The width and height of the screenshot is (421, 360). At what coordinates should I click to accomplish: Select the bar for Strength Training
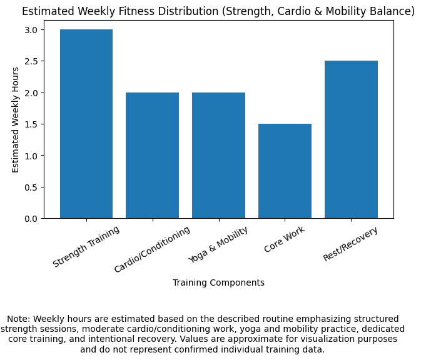(x=86, y=124)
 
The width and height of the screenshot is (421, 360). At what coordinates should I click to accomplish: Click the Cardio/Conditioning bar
(x=152, y=156)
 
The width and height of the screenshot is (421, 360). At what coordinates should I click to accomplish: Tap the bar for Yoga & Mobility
(x=218, y=156)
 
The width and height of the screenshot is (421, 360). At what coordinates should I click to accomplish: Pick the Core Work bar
(x=285, y=171)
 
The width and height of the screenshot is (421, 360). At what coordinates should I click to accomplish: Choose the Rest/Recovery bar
(x=351, y=139)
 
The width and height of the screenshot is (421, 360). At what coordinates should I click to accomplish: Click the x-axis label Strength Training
(x=86, y=247)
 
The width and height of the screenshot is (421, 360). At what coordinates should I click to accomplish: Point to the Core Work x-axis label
(x=285, y=240)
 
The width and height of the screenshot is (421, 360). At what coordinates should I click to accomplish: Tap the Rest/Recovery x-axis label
(x=351, y=244)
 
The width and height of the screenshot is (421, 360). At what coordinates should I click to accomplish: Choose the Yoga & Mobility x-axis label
(x=218, y=245)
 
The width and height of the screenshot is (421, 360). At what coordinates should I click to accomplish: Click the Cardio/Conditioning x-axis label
(x=152, y=250)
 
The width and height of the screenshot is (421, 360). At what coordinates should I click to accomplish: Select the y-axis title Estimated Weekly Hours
(x=16, y=119)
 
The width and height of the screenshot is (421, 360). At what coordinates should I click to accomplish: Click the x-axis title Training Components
(x=218, y=282)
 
